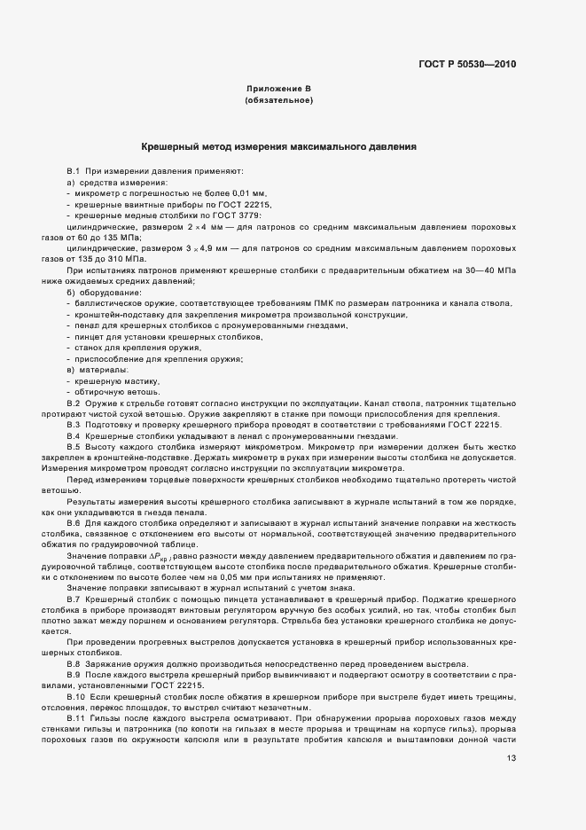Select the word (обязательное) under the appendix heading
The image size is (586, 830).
[278, 101]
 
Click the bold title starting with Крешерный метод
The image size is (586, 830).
[279, 145]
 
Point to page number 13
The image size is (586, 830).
[511, 757]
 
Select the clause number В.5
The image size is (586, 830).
[74, 447]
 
